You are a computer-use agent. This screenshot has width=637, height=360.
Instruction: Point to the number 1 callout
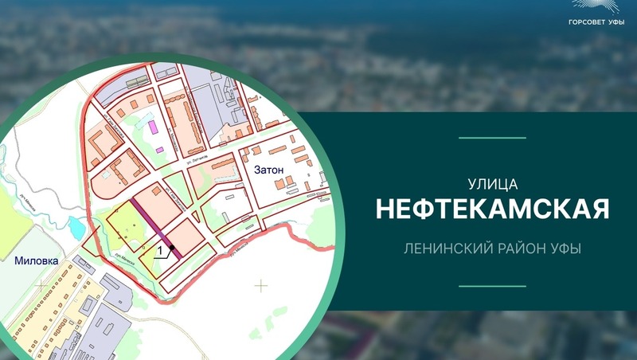tap(162, 250)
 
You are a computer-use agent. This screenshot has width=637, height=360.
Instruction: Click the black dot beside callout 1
tap(171, 248)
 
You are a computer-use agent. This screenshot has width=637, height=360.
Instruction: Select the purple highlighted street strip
tap(154, 227)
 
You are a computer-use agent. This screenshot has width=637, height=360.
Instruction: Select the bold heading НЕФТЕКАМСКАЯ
tap(492, 209)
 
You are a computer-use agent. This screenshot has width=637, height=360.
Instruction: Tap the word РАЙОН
tap(521, 249)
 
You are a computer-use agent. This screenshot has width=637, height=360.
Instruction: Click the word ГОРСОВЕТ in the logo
tap(585, 23)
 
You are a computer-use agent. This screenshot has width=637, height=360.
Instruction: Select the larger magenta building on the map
tap(152, 126)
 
